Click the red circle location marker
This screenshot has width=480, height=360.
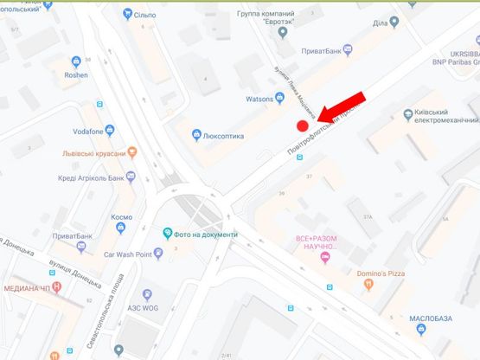click(303, 125)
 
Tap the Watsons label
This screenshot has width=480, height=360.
click(259, 98)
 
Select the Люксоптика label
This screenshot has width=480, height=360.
click(223, 136)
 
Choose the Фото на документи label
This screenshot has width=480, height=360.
click(206, 235)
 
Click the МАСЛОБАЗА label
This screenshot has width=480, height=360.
click(432, 318)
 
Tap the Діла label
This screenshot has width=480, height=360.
click(380, 23)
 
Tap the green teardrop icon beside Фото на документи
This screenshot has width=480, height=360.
click(168, 234)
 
